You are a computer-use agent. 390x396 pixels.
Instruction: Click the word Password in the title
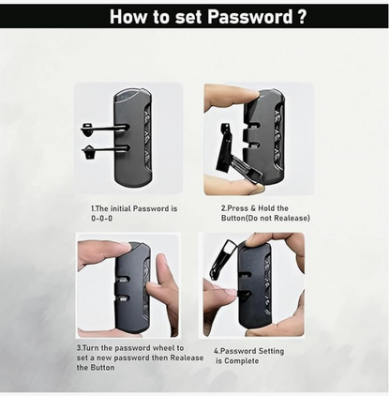tap(249, 17)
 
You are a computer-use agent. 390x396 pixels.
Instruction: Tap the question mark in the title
tap(301, 17)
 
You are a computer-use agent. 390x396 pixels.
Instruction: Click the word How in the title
tap(128, 17)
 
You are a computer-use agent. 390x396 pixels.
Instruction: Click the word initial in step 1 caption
tap(121, 208)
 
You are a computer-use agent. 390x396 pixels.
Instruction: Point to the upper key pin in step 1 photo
tap(105, 128)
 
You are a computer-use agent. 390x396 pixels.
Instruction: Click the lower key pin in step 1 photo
tap(106, 149)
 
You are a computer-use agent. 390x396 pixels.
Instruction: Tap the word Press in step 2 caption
tap(237, 208)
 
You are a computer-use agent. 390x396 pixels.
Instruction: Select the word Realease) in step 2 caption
tap(293, 218)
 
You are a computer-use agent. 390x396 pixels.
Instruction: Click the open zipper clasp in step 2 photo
tap(237, 154)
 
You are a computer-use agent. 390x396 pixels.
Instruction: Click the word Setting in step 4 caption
tap(271, 351)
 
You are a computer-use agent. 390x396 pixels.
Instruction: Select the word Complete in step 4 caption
tap(242, 361)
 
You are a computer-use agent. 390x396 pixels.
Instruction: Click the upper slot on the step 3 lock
tap(123, 278)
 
